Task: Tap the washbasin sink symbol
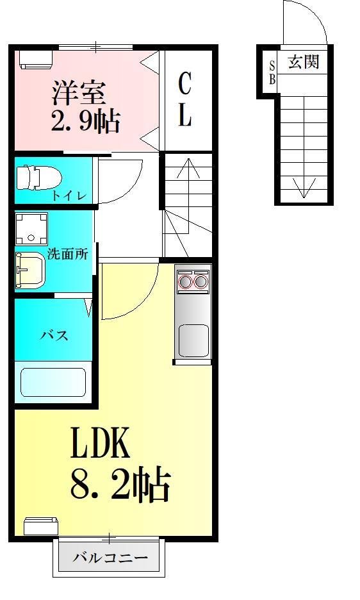[x=31, y=270]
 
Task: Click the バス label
[x=54, y=335]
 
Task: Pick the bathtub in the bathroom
[x=54, y=381]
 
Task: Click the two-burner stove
[x=193, y=281]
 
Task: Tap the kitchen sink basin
[x=193, y=340]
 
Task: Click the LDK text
[x=100, y=442]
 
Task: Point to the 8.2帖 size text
[x=120, y=485]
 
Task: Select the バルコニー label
[x=110, y=557]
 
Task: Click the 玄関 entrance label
[x=303, y=62]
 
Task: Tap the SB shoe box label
[x=272, y=71]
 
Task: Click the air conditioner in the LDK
[x=42, y=526]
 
